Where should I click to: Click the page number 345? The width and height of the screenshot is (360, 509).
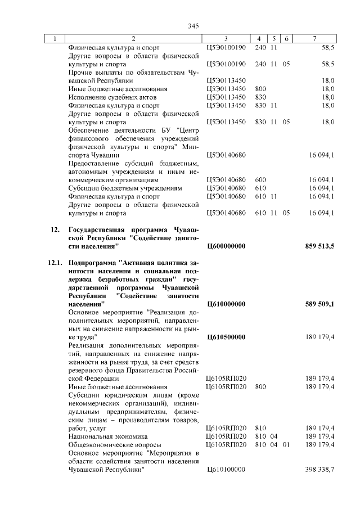pyautogui.click(x=194, y=26)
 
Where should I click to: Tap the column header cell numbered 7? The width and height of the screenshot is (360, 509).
pyautogui.click(x=314, y=38)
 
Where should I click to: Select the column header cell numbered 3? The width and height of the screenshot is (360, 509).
pyautogui.click(x=225, y=38)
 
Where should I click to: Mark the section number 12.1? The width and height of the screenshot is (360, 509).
pyautogui.click(x=56, y=263)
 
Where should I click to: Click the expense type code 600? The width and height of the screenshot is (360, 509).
pyautogui.click(x=260, y=179)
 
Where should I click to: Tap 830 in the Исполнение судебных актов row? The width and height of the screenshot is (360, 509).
pyautogui.click(x=260, y=97)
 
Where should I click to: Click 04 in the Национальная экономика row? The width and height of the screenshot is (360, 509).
pyautogui.click(x=274, y=435)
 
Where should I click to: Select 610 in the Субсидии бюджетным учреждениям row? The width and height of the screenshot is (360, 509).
pyautogui.click(x=260, y=187)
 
